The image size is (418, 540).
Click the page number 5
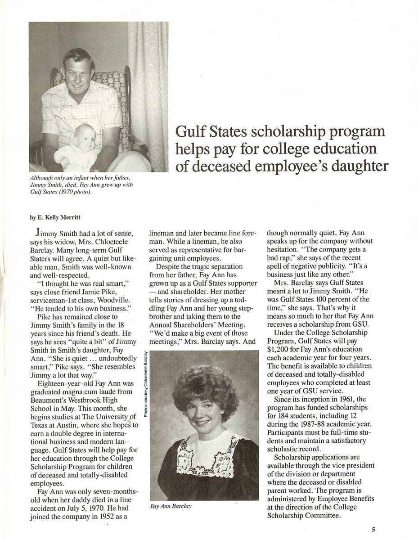(x=373, y=530)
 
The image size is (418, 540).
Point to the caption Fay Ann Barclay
(x=171, y=506)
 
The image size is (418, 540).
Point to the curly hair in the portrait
(x=205, y=387)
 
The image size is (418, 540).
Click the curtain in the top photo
(x=148, y=90)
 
